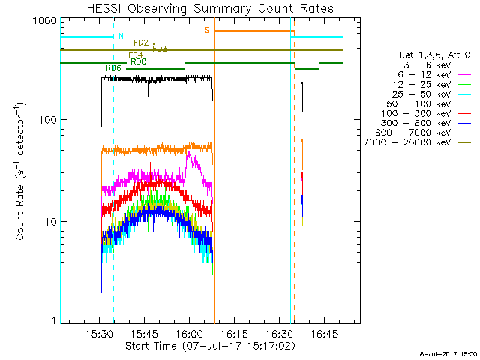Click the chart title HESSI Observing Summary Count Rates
(x=209, y=8)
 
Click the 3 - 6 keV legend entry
(x=429, y=65)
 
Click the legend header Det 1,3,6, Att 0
(x=435, y=55)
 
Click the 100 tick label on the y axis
(x=46, y=120)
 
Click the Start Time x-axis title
(x=209, y=346)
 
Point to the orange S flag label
(x=208, y=30)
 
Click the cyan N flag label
(x=120, y=36)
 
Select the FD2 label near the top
(x=140, y=43)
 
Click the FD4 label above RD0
(x=136, y=55)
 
